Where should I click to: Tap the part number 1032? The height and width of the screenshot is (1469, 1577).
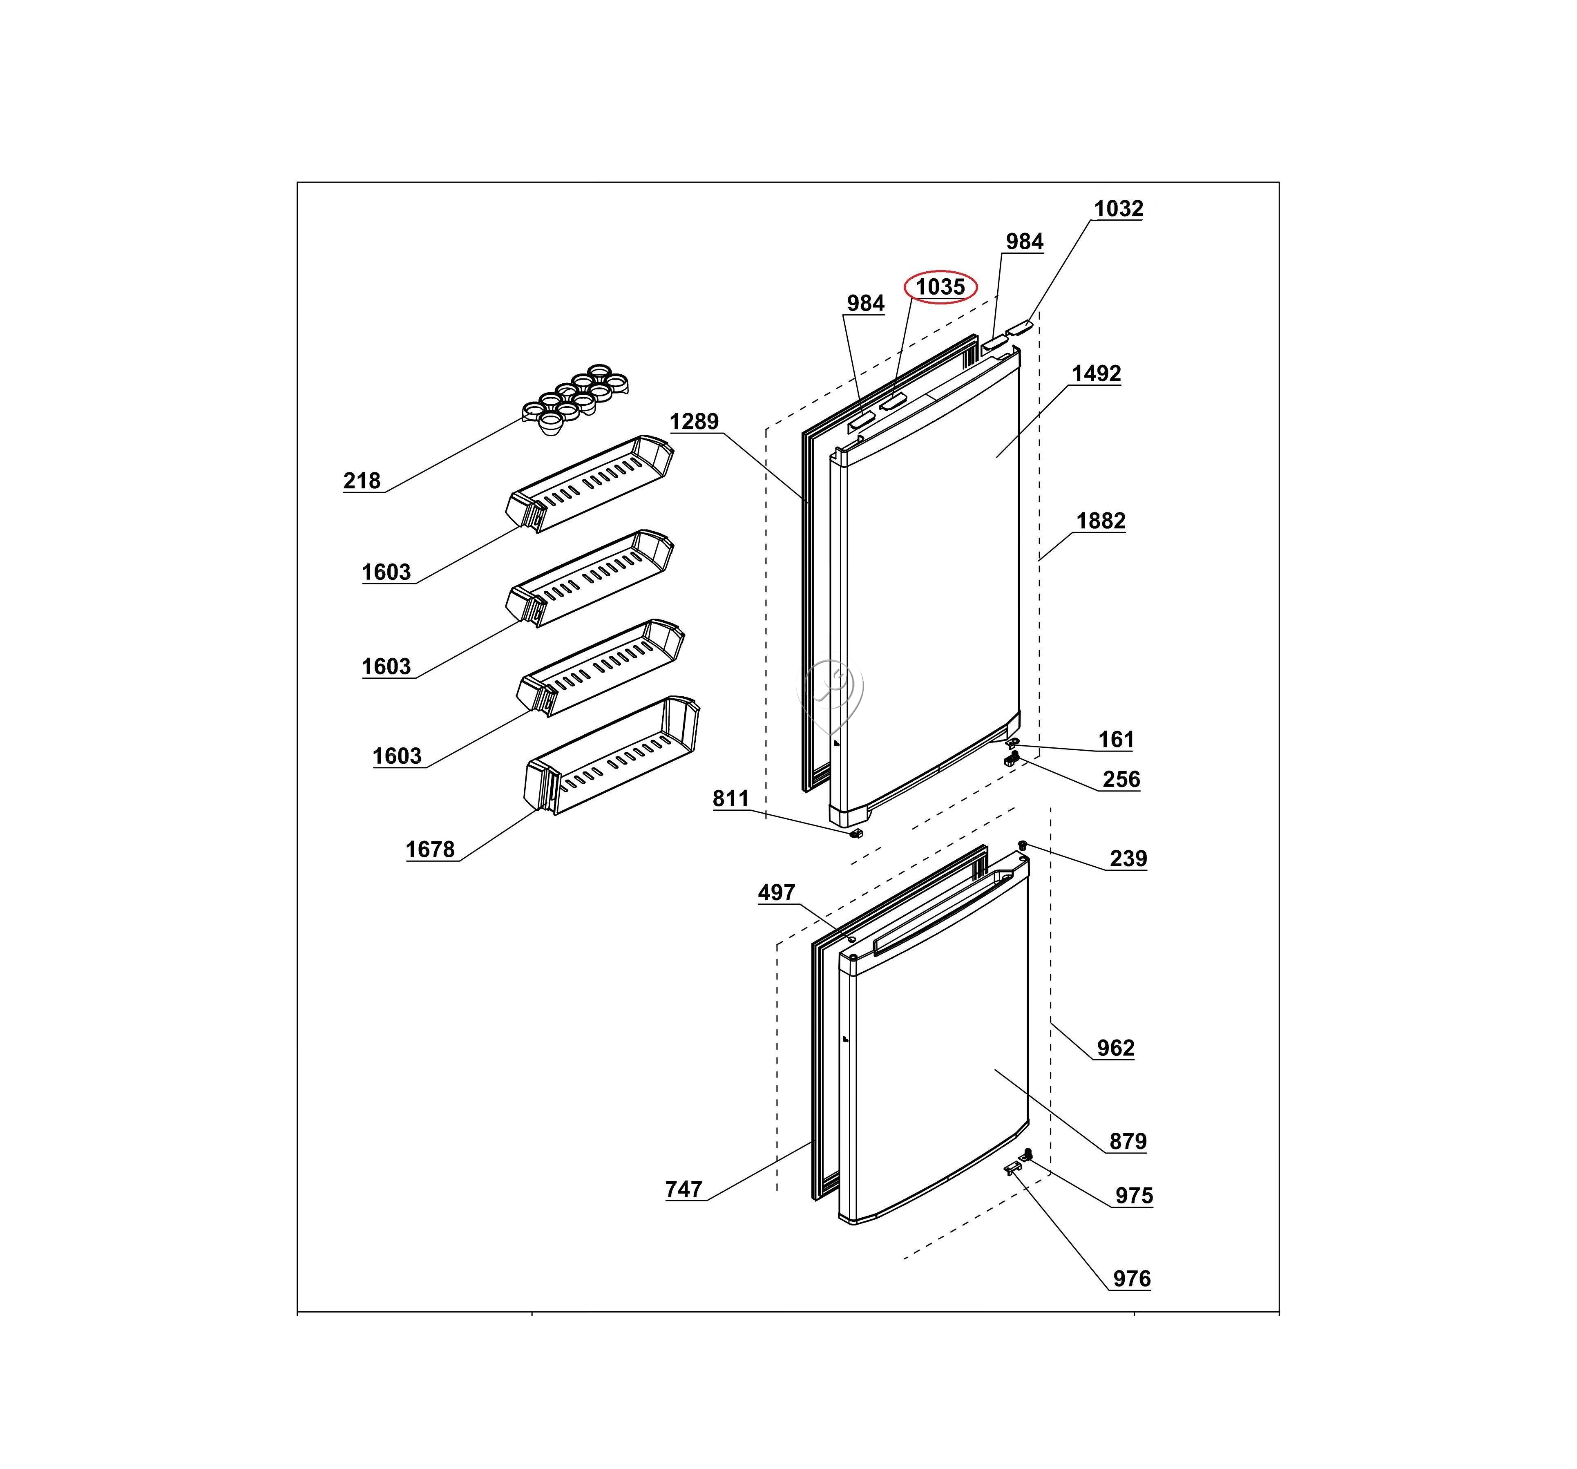pyautogui.click(x=1119, y=209)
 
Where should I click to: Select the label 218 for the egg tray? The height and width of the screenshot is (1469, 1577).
pyautogui.click(x=362, y=481)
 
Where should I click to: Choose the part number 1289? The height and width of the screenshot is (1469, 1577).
pyautogui.click(x=694, y=421)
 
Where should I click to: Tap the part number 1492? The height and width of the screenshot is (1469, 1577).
pyautogui.click(x=1096, y=373)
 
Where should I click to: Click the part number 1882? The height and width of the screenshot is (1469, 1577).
pyautogui.click(x=1101, y=521)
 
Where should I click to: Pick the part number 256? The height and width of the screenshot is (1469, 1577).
pyautogui.click(x=1121, y=780)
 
